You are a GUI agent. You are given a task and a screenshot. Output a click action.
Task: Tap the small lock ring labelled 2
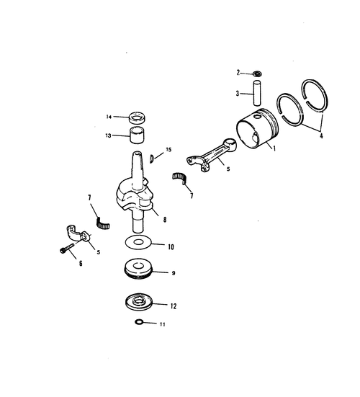257,74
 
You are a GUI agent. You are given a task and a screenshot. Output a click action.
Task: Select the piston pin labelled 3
257,93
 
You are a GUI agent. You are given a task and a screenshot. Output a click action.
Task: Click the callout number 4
321,135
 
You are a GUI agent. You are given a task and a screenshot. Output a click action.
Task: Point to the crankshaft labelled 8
136,192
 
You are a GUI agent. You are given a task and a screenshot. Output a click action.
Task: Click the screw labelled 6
67,248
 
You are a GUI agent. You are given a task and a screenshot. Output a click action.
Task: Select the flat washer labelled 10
138,243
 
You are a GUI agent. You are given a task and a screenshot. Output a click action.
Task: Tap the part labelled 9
138,269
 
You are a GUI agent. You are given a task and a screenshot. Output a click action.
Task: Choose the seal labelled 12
139,302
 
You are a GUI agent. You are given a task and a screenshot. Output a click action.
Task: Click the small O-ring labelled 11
139,322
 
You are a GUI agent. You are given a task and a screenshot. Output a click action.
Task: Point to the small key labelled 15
152,159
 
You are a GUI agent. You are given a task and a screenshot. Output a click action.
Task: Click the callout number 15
168,150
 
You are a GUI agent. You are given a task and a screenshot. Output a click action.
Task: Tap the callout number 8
165,220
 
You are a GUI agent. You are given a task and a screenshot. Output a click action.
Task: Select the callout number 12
174,306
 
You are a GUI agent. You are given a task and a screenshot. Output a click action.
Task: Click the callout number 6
81,264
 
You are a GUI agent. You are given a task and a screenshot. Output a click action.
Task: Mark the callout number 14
109,117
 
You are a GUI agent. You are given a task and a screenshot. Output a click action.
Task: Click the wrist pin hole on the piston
258,117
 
